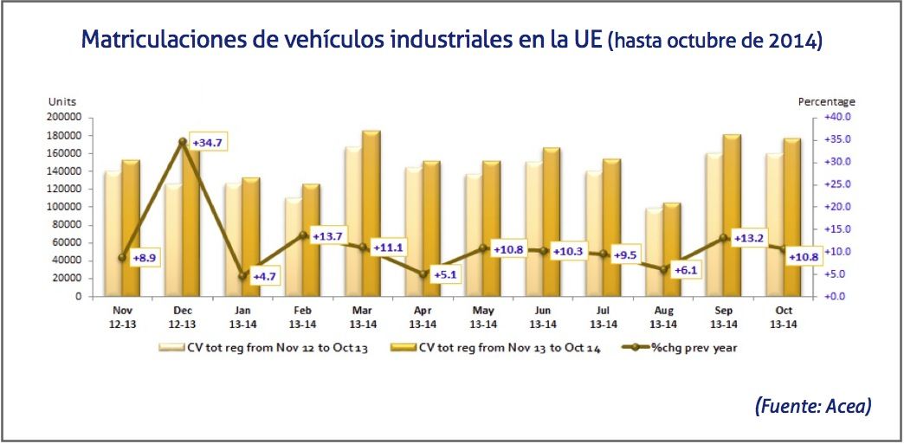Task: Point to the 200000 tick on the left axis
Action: [66, 117]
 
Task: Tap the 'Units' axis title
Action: [61, 102]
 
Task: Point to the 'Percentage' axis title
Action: [826, 102]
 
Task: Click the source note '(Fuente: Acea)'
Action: [812, 404]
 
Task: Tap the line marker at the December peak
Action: [182, 141]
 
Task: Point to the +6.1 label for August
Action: [687, 269]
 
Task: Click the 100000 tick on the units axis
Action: [66, 207]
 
